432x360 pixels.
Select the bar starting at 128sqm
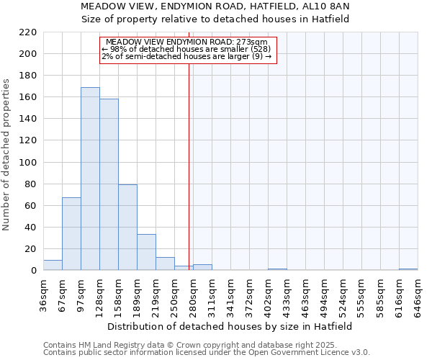[109, 184]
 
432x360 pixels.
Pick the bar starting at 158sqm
[127, 228]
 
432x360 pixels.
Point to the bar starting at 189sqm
[146, 252]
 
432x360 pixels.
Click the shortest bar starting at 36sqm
[53, 265]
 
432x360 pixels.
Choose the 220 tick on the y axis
[28, 32]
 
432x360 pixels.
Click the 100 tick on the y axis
[28, 163]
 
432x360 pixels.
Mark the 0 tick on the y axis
[33, 271]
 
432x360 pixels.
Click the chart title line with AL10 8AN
[215, 6]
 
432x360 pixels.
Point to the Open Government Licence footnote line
[207, 353]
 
